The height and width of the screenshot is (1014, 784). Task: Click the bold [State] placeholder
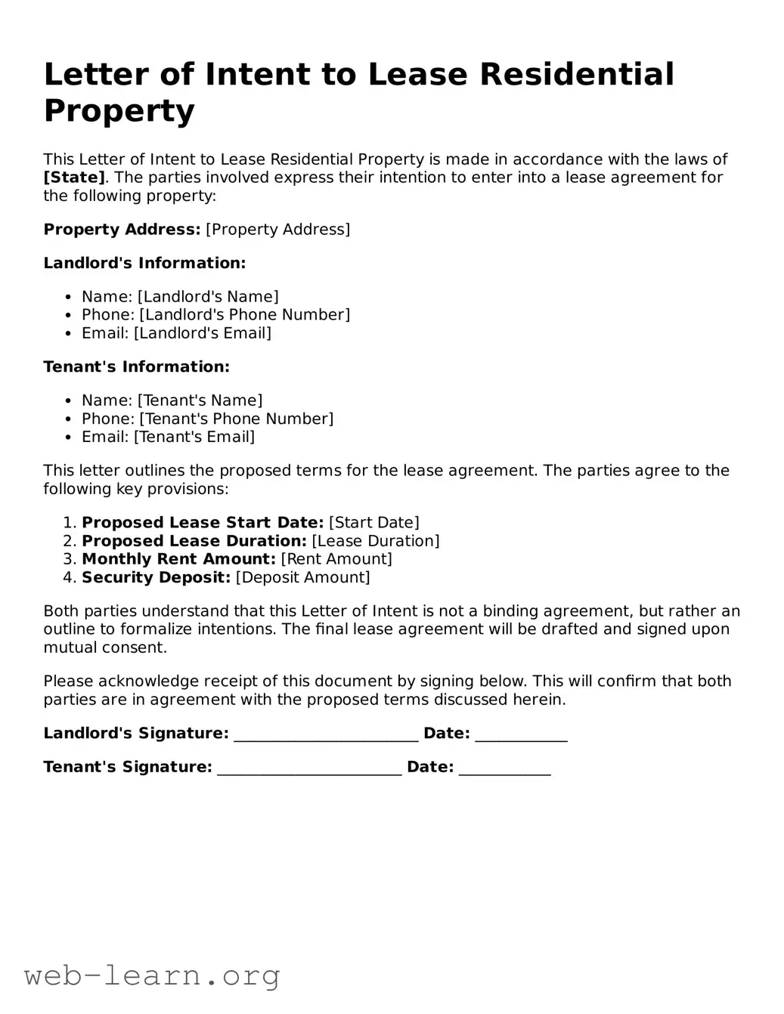[74, 178]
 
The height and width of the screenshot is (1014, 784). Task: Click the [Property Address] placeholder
[277, 230]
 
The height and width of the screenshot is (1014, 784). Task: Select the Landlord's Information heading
[144, 263]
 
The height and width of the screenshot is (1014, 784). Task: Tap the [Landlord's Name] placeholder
[208, 297]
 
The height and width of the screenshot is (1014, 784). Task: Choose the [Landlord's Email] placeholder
[203, 333]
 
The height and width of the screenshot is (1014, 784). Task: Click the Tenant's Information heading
[136, 367]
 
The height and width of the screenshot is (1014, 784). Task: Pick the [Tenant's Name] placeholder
[200, 400]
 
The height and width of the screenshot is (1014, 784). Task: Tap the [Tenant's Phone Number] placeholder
[236, 419]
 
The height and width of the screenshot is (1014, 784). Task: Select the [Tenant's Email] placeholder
[194, 437]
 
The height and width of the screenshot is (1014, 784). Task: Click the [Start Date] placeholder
[373, 523]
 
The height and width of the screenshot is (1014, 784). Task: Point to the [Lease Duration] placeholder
[375, 541]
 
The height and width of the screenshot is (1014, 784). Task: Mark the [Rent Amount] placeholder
[336, 559]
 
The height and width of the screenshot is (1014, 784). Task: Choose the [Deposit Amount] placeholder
[303, 578]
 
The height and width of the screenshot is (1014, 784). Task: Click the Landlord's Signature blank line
[326, 735]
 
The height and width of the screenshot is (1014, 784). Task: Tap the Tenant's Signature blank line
[309, 769]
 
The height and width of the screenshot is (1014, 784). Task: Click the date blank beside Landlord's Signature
[521, 735]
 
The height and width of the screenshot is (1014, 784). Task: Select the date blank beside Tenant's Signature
[504, 769]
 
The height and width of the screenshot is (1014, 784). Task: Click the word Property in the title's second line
[119, 110]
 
